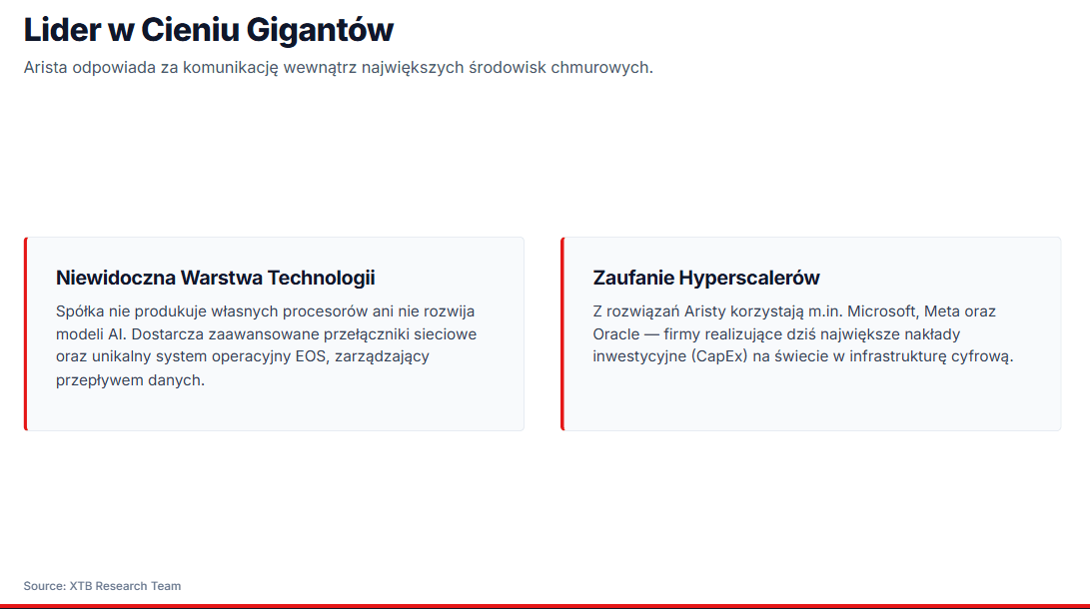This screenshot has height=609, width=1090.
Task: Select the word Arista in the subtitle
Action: [46, 67]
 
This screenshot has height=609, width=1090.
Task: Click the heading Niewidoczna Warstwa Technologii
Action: [216, 278]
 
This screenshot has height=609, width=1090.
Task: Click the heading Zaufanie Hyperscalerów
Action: [706, 278]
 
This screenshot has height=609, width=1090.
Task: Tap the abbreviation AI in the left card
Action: [117, 334]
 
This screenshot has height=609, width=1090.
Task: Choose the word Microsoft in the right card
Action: [879, 311]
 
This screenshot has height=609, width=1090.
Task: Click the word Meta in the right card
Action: [940, 311]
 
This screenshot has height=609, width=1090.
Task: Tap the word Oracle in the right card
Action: [615, 334]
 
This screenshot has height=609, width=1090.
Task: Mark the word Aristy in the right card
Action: [705, 311]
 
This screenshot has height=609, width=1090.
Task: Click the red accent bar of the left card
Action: [26, 334]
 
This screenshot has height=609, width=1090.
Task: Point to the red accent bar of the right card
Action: [562, 334]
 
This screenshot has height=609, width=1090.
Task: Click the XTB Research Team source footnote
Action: [102, 586]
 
